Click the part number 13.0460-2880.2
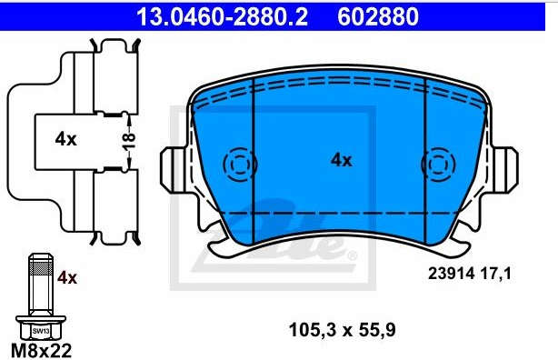[222, 16]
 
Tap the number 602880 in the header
[378, 16]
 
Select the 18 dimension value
[129, 141]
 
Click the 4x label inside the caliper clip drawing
[65, 139]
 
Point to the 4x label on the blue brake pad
[342, 160]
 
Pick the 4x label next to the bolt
[67, 277]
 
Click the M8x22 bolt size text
[41, 350]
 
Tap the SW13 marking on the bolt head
[41, 331]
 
